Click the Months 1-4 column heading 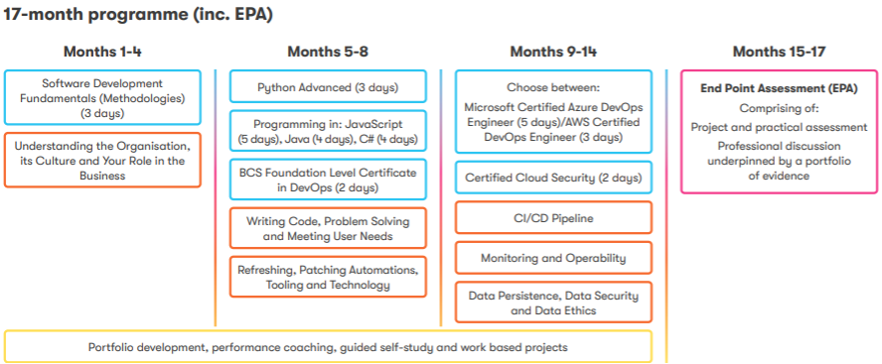tap(102, 52)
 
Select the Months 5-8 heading tap(328, 52)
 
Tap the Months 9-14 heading tap(553, 52)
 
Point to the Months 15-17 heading tap(779, 52)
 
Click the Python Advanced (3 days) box tap(328, 86)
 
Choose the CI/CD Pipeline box tap(553, 217)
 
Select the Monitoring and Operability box tap(553, 258)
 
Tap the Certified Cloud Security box tap(553, 178)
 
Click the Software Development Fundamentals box tap(102, 97)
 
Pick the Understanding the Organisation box tap(102, 160)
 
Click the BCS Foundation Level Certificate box tap(328, 180)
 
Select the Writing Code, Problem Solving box tap(328, 228)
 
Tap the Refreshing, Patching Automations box tap(328, 277)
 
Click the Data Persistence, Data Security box tap(553, 303)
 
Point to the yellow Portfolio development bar tap(328, 346)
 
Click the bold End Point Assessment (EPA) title tap(779, 88)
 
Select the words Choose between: tap(553, 87)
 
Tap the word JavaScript tap(374, 124)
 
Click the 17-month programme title tap(138, 15)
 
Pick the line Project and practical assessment tap(779, 127)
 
